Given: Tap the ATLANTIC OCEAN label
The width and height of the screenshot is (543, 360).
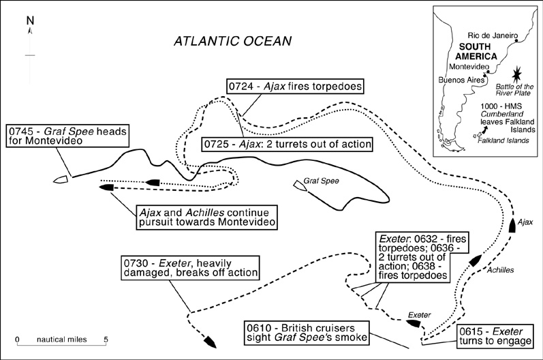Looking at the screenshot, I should click(x=232, y=41).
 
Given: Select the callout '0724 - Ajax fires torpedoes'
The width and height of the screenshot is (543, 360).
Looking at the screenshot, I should click(x=294, y=87).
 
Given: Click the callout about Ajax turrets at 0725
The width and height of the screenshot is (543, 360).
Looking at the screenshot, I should click(x=288, y=145).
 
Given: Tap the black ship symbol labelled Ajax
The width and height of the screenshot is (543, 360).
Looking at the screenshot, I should click(x=511, y=226).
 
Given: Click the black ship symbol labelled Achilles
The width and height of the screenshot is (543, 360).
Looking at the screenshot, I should click(x=474, y=260).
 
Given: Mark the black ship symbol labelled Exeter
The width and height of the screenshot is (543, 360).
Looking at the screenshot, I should click(x=412, y=322).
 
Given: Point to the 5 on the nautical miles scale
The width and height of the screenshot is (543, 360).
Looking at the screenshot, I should click(x=106, y=339).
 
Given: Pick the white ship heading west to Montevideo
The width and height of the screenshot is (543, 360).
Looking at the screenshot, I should click(x=61, y=180).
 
